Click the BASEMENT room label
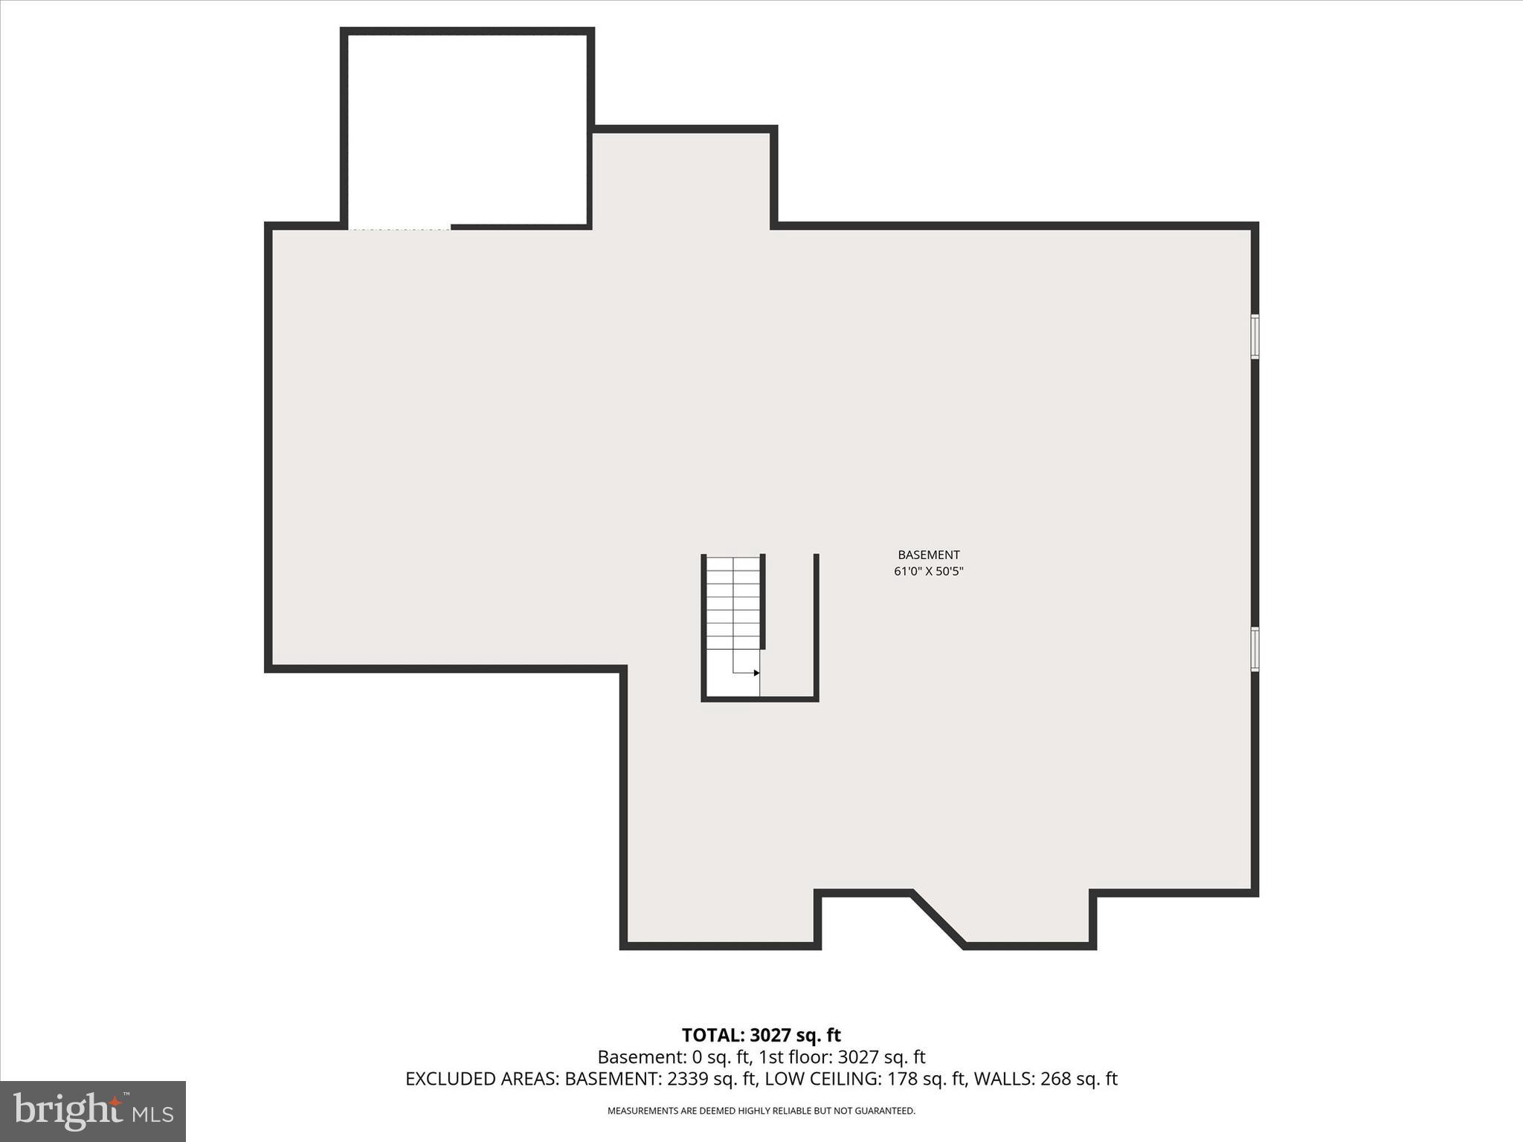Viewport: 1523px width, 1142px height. tap(928, 555)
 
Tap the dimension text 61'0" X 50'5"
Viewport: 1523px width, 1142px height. tap(928, 572)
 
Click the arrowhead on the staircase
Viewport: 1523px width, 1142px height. tap(756, 673)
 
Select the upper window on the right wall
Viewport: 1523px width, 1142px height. tap(1255, 337)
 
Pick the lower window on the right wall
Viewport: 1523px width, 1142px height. tap(1255, 649)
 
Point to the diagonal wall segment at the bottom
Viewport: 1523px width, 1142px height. tap(938, 919)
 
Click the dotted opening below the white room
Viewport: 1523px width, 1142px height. tap(400, 229)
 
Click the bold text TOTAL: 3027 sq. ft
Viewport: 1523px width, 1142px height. tap(761, 1035)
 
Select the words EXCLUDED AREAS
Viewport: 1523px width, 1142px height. tap(481, 1079)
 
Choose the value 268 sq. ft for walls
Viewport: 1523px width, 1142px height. tap(1078, 1079)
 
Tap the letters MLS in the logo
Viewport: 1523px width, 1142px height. tap(154, 1114)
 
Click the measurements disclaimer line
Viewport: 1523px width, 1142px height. tap(761, 1111)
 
